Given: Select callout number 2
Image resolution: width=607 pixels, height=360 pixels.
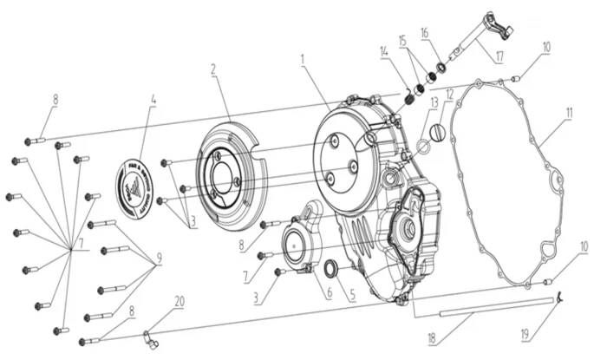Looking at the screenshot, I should pyautogui.click(x=212, y=69).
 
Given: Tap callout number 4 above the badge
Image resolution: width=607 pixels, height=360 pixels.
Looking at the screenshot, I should pyautogui.click(x=153, y=100).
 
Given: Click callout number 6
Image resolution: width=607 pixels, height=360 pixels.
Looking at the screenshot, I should pyautogui.click(x=328, y=294).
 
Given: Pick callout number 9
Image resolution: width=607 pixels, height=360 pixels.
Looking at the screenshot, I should pyautogui.click(x=159, y=258).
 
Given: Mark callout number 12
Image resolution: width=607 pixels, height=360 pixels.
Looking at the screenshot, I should pyautogui.click(x=449, y=94).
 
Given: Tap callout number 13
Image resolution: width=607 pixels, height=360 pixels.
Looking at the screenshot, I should pyautogui.click(x=432, y=102).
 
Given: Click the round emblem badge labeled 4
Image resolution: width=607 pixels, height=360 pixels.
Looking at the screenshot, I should pyautogui.click(x=140, y=184).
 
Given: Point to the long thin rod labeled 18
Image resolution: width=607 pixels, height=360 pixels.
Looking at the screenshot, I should pyautogui.click(x=486, y=301).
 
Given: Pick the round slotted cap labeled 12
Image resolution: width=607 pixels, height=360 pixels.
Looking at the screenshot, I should pyautogui.click(x=437, y=134).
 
